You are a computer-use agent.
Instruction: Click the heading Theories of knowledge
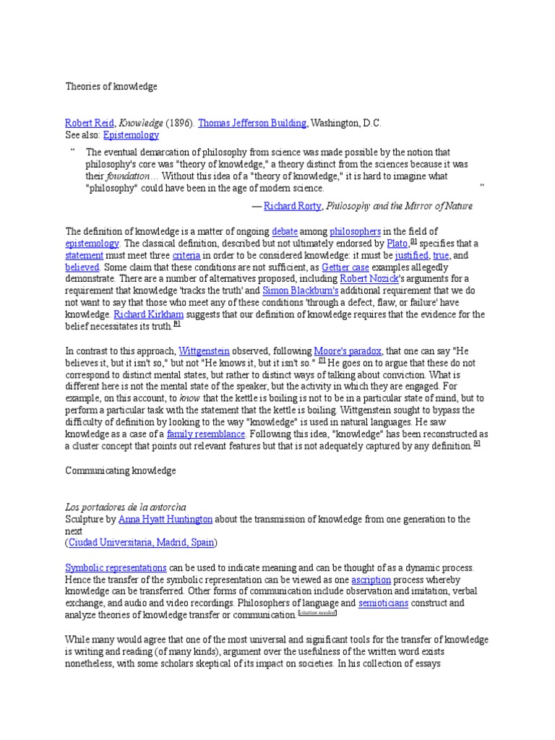111,87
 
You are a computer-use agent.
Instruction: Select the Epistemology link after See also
131,135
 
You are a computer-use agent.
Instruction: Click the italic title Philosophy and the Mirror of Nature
400,206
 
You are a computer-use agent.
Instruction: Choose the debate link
284,231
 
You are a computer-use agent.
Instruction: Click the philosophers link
355,231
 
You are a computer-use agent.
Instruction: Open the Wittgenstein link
207,350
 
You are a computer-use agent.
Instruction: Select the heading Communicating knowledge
121,470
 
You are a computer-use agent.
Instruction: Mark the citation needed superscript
317,614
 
